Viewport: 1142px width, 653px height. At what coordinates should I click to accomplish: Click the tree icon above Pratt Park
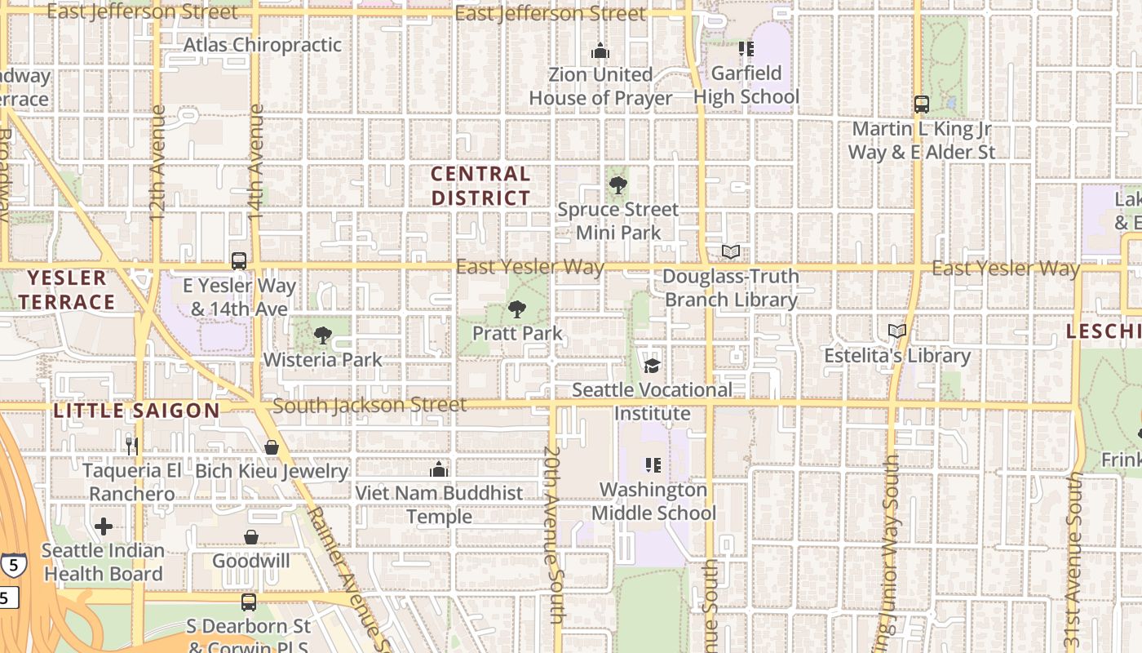pos(516,309)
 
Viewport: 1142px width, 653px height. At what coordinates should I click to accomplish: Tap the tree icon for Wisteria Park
pos(323,335)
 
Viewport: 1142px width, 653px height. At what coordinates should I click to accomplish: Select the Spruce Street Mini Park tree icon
pos(618,184)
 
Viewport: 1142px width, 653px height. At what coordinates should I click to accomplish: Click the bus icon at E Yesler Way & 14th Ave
pos(239,261)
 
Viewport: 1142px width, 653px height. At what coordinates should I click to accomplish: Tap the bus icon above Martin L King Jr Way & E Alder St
pos(922,104)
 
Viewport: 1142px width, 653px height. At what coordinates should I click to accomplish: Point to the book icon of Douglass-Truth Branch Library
pos(731,252)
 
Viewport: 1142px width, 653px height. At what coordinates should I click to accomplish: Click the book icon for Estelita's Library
pos(897,331)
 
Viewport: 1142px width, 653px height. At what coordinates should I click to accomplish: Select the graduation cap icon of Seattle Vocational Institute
pos(652,365)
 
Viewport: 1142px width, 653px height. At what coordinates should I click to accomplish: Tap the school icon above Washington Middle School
pos(653,465)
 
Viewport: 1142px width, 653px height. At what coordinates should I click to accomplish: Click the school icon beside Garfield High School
pos(746,49)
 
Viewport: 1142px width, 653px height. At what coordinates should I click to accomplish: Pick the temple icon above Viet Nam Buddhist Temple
pos(439,469)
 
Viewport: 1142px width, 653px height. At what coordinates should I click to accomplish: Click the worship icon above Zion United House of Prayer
pos(600,51)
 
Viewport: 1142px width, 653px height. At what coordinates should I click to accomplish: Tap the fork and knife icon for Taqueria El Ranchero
pos(132,446)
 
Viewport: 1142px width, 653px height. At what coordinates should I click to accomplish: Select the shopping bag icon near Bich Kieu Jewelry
pos(272,447)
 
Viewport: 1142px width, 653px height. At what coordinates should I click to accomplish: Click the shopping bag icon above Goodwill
pos(251,537)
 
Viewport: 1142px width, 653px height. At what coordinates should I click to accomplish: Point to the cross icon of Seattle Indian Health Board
pos(104,526)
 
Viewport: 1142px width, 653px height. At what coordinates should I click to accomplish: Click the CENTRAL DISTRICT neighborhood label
pos(480,185)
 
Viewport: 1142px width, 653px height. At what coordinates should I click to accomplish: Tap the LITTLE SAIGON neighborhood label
pos(136,411)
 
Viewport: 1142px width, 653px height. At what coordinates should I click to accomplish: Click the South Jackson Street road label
pos(370,405)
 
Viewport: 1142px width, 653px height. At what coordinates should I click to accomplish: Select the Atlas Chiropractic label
pos(263,45)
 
